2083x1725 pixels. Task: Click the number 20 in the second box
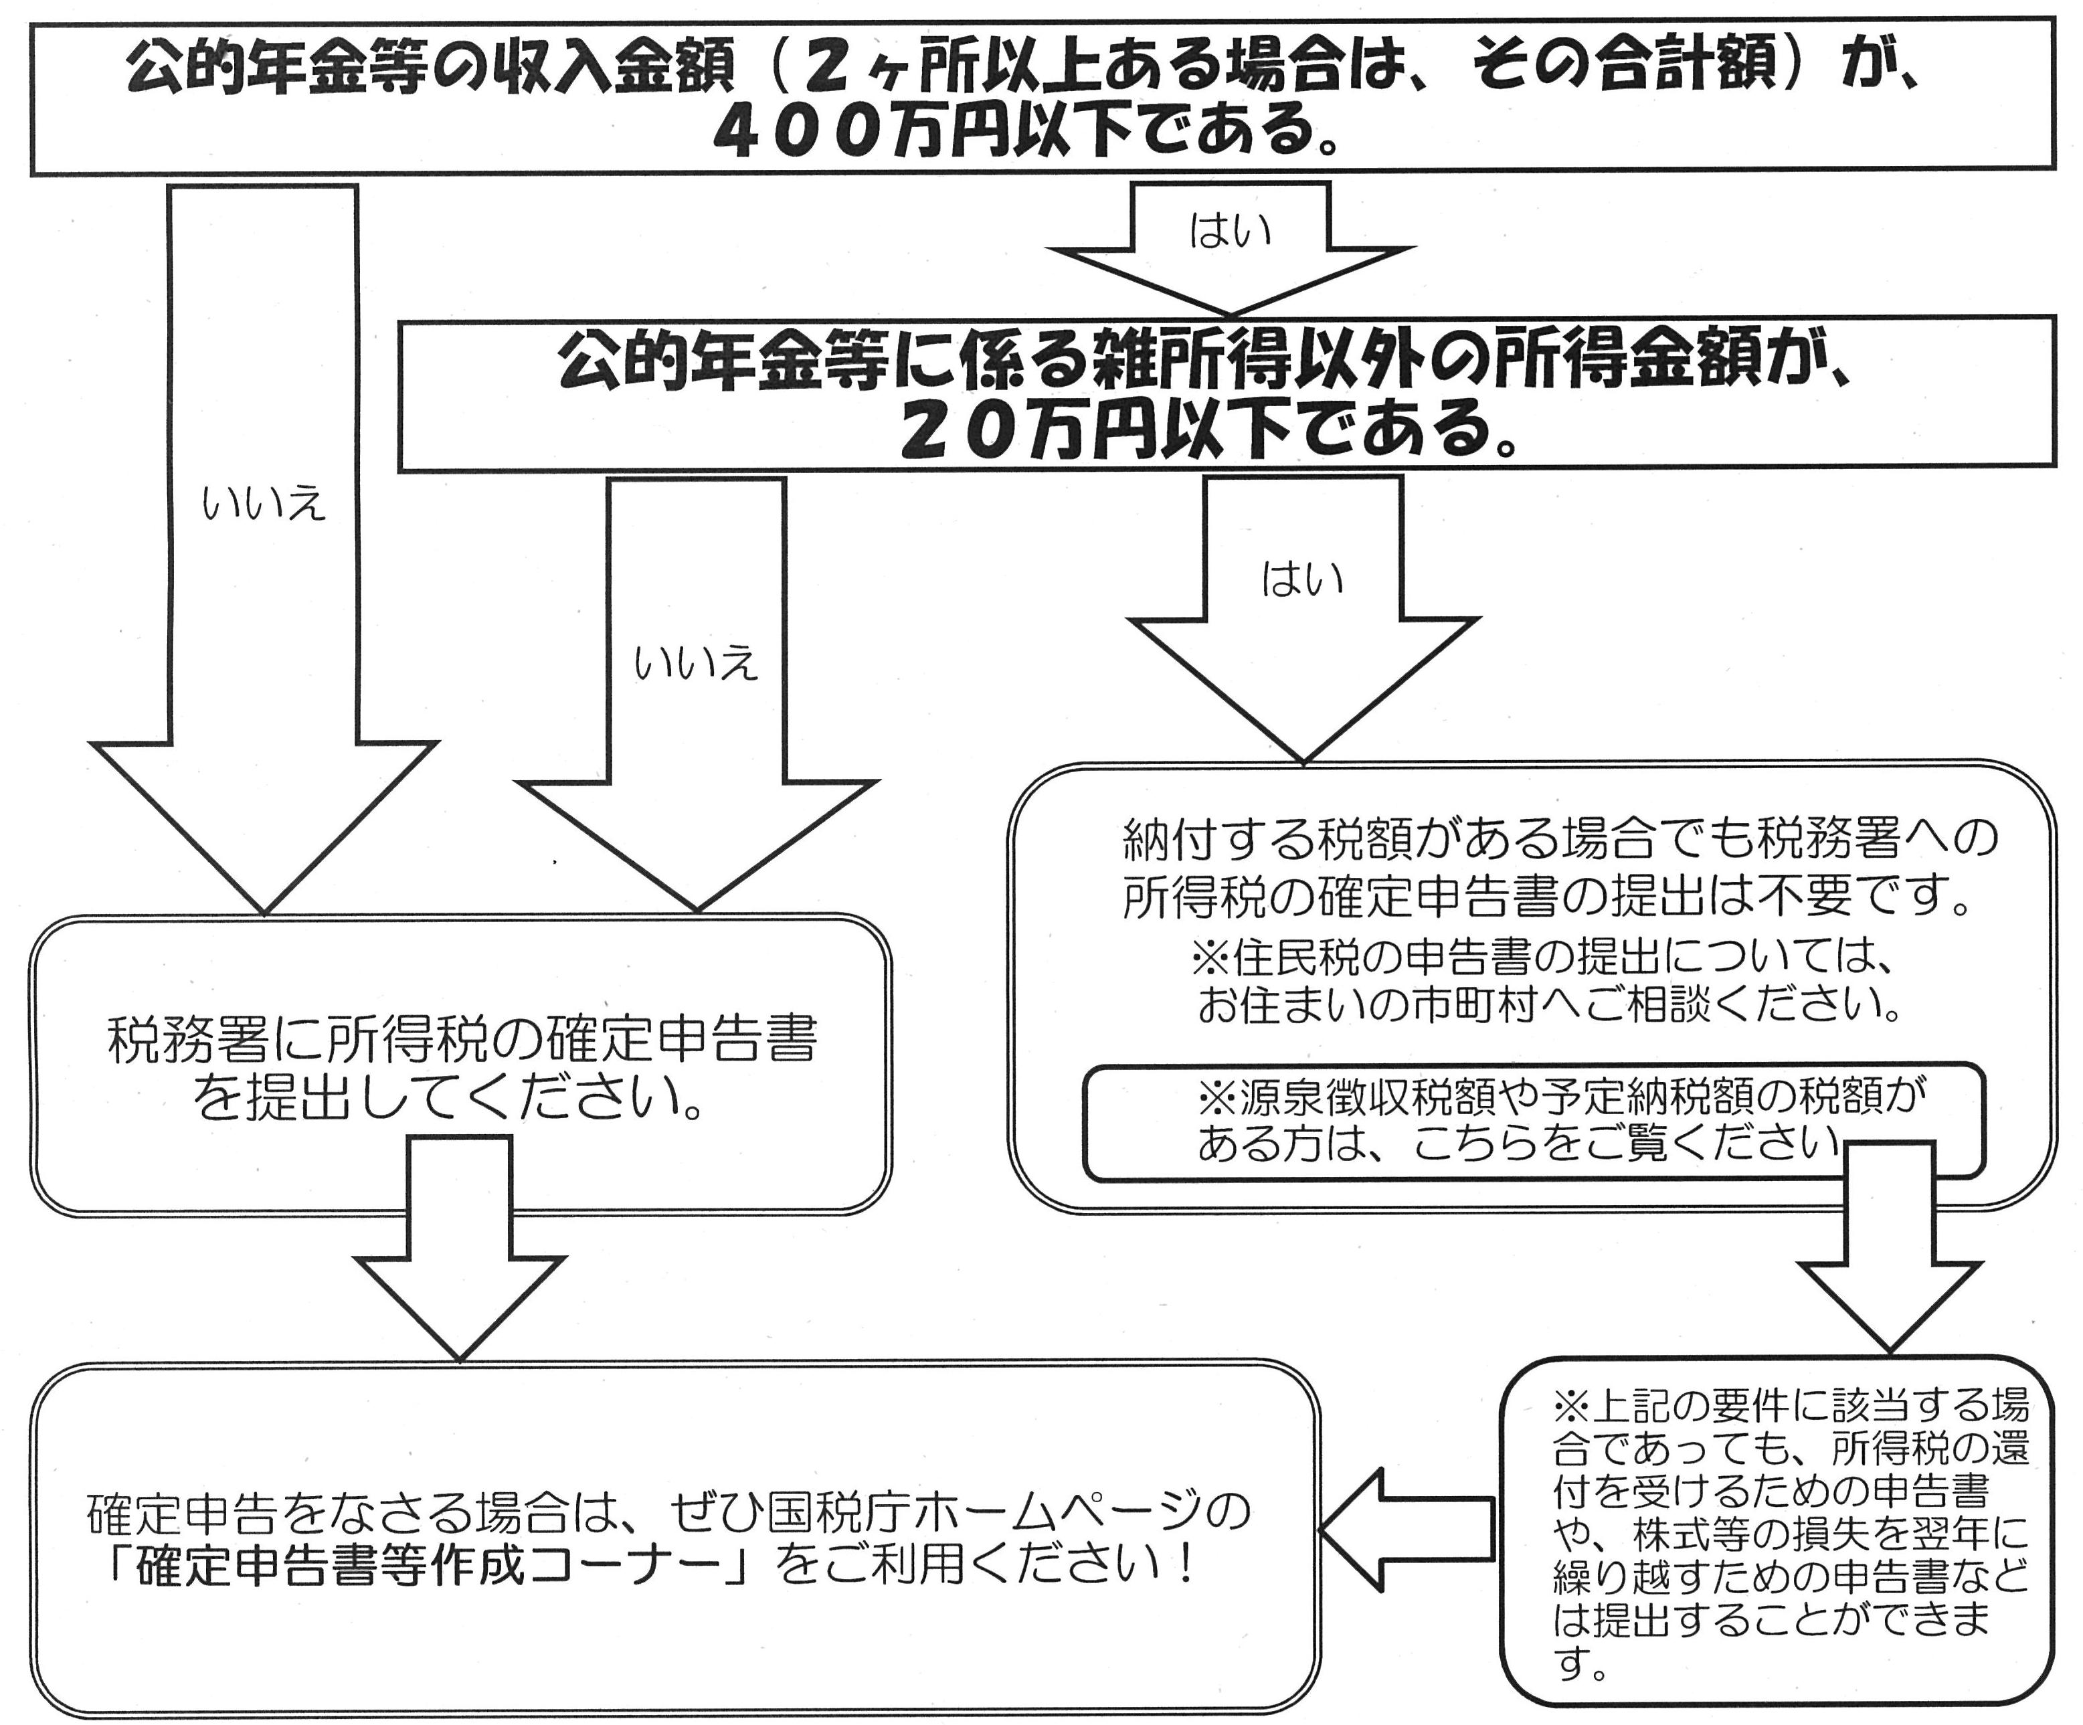point(962,430)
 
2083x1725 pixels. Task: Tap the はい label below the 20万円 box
point(1301,577)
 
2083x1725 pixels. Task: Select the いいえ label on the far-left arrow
point(263,504)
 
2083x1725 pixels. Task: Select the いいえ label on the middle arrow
point(695,662)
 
